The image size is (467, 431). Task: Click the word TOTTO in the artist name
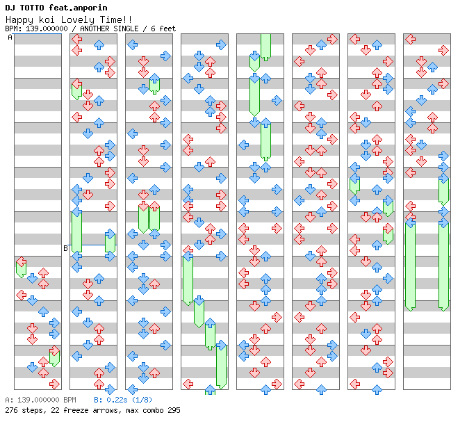[x=31, y=8]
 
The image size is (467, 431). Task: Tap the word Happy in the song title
[x=18, y=19]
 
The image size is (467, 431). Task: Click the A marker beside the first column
[x=10, y=38]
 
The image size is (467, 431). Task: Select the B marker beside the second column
[x=66, y=248]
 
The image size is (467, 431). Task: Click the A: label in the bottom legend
[x=9, y=400]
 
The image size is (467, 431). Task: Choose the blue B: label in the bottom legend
[x=98, y=400]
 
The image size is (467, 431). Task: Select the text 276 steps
[x=22, y=410]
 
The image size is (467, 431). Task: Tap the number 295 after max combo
[x=174, y=410]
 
